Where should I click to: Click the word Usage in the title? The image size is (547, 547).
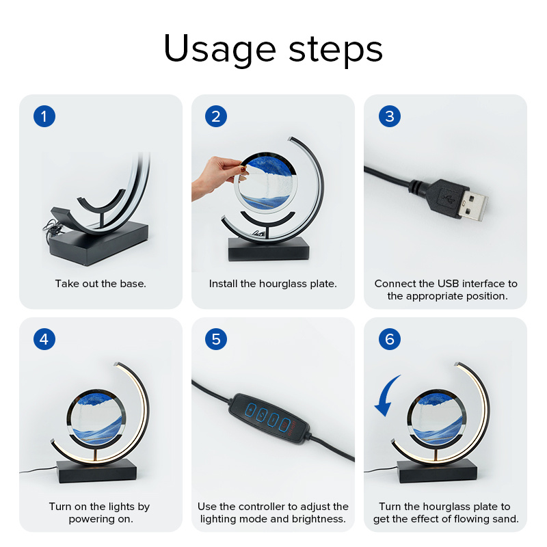pos(219,49)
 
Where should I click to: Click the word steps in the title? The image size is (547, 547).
pos(336,51)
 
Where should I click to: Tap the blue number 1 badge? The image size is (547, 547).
pos(44,116)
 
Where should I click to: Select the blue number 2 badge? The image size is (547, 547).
pos(216,116)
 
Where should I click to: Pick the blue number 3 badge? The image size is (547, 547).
pos(389,116)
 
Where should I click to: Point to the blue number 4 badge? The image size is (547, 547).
pos(44,339)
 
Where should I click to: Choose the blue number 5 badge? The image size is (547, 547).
pos(216,339)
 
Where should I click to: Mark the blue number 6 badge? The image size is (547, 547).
pos(389,339)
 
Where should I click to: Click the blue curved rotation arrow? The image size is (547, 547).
pos(386,396)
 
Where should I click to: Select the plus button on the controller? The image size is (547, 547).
pos(251,410)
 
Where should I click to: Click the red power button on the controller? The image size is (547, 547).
pos(284,425)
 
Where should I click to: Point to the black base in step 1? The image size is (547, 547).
pos(99,243)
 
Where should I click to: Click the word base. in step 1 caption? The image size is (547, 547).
pos(133,284)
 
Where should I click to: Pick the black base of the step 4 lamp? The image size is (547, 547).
pos(97,471)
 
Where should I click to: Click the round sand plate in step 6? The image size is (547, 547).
pos(437,418)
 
